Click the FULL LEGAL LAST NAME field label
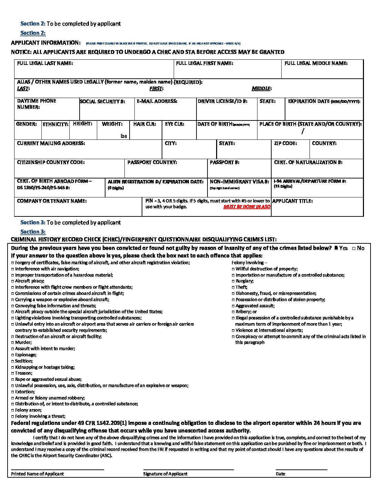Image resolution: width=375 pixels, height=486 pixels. coord(45,64)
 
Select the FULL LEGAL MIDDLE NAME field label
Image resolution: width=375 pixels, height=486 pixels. coord(316,64)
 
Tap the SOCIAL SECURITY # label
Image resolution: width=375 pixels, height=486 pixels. coord(102,101)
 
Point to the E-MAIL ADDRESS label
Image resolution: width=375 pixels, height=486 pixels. coord(157,101)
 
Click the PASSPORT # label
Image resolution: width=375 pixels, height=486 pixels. coord(224,163)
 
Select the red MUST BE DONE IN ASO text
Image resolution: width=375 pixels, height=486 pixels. coord(247,207)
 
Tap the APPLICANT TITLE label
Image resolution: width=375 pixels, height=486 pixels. coord(292,201)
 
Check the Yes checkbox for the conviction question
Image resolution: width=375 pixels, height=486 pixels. coord(336,248)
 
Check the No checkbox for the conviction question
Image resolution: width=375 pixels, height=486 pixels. coord(354,248)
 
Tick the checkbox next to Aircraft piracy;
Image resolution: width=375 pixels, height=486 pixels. coord(13,281)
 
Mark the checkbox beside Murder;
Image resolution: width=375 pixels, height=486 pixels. coord(13,343)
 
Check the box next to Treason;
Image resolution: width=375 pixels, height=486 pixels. coord(13,373)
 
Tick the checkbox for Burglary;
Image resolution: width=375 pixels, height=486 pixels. coord(233,281)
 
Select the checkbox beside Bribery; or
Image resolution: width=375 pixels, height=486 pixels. coord(233,312)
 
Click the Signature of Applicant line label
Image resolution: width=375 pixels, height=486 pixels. coord(165,474)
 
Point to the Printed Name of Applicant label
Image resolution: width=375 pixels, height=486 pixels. coord(37,474)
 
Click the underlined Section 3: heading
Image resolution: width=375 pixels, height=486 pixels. coord(33,232)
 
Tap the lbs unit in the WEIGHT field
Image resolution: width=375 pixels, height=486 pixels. coord(124,136)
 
